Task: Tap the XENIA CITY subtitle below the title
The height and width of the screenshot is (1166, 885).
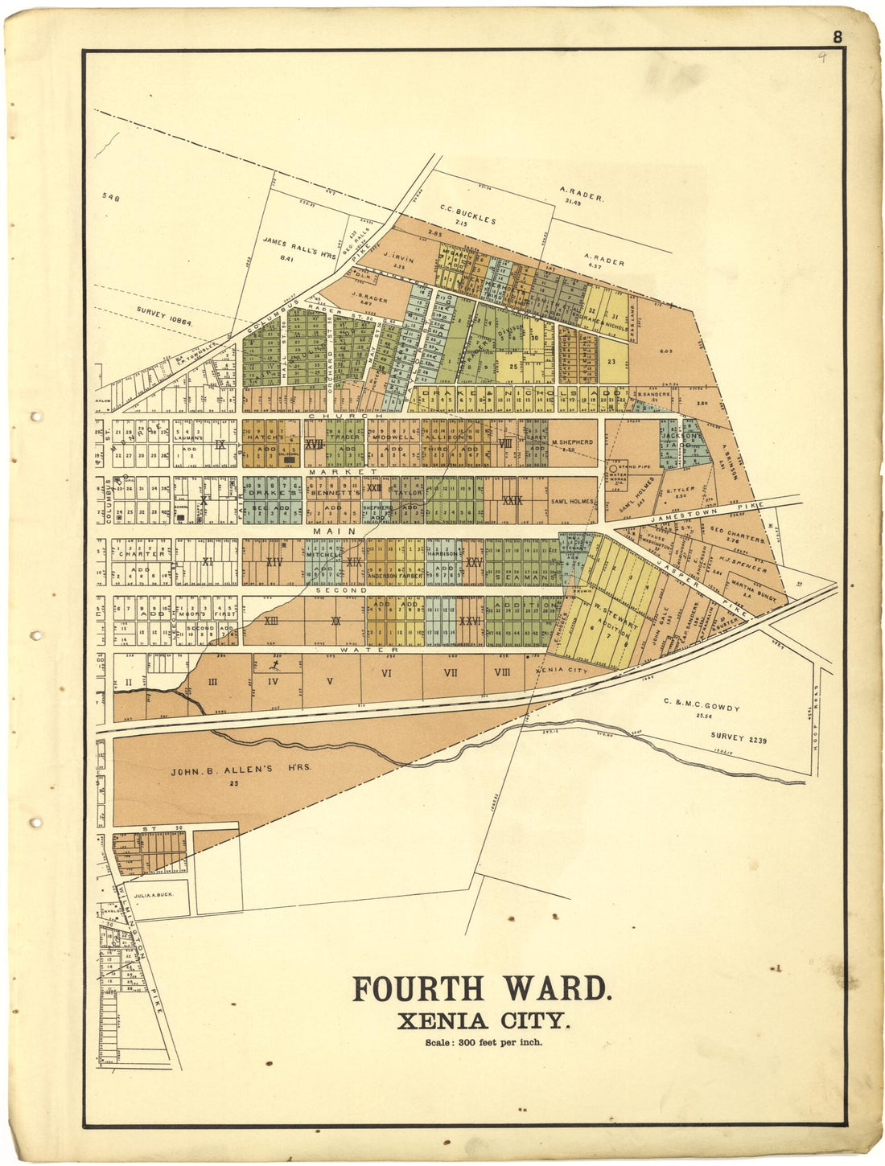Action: [x=484, y=1021]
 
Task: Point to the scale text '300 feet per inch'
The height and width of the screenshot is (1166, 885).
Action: [x=500, y=1043]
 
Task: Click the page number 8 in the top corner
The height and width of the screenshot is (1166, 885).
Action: [x=838, y=37]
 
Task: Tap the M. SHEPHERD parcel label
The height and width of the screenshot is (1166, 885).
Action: [x=572, y=442]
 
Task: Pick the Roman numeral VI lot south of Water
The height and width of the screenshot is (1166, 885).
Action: [x=386, y=673]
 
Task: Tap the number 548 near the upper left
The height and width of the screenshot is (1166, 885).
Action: [x=111, y=195]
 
